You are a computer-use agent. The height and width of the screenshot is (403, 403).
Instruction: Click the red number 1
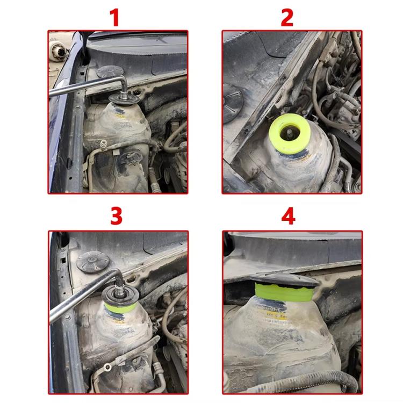click(114, 17)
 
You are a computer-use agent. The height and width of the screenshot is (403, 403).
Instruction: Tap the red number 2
click(287, 17)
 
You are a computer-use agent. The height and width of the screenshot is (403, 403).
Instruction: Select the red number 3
click(116, 217)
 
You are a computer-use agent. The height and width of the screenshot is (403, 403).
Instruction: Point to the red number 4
click(289, 217)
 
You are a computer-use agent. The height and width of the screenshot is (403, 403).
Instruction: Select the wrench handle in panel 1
click(81, 89)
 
